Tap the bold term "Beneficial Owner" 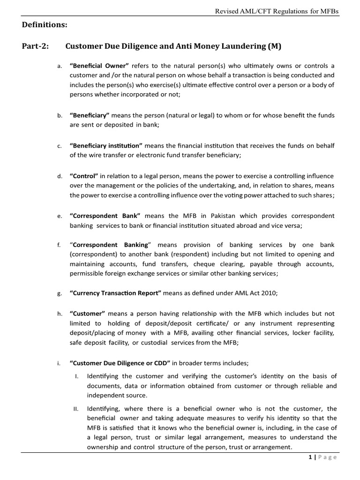pyautogui.click(x=99, y=66)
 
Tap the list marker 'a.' pyautogui.click(x=59, y=66)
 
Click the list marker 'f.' pyautogui.click(x=59, y=245)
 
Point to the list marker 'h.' pyautogui.click(x=59, y=314)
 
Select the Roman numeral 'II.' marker pyautogui.click(x=77, y=409)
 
